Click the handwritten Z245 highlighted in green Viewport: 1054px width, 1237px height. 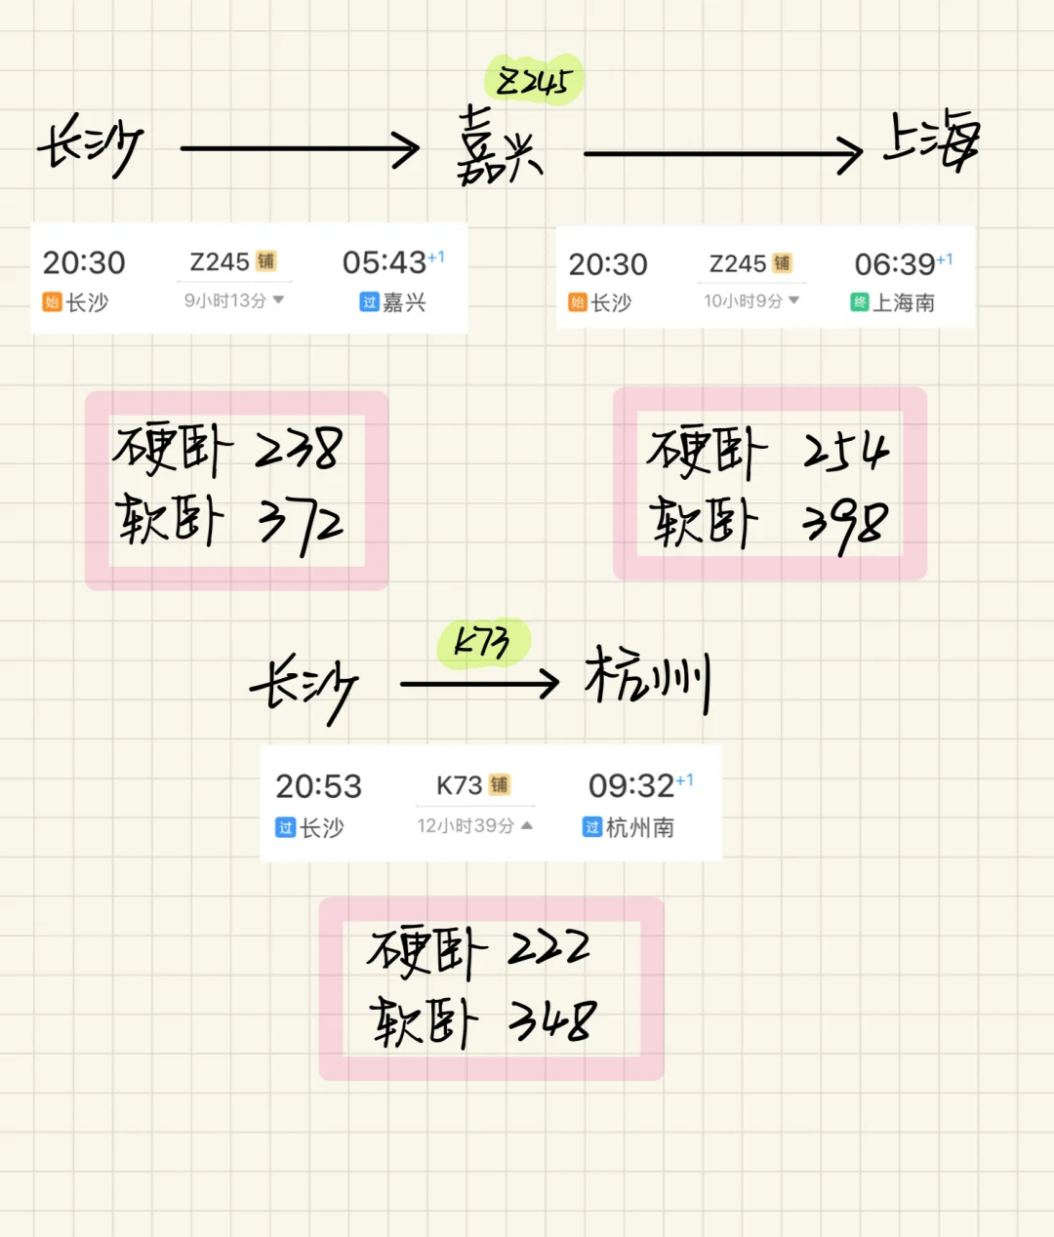pyautogui.click(x=534, y=81)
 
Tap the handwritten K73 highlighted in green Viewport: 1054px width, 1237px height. pyautogui.click(x=482, y=642)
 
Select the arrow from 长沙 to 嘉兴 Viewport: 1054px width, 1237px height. pyautogui.click(x=301, y=149)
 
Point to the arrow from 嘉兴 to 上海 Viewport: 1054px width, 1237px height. pyautogui.click(x=723, y=154)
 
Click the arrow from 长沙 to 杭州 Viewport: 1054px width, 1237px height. pyautogui.click(x=479, y=683)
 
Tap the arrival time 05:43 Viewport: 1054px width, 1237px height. pyautogui.click(x=384, y=262)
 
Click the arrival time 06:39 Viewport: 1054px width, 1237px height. pyautogui.click(x=894, y=264)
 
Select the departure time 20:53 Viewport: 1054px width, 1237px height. pyautogui.click(x=318, y=786)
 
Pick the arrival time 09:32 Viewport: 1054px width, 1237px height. pyautogui.click(x=630, y=785)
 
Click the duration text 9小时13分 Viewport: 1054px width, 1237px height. pyautogui.click(x=225, y=300)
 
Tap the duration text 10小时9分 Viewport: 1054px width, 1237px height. pyautogui.click(x=744, y=300)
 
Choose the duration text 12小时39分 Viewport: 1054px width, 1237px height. pyautogui.click(x=466, y=826)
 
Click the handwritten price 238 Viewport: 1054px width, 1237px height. pyautogui.click(x=299, y=450)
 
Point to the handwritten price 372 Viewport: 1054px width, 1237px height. pyautogui.click(x=301, y=525)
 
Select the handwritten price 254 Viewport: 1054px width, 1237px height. pyautogui.click(x=846, y=453)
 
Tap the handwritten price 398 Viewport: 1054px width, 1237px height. pyautogui.click(x=845, y=527)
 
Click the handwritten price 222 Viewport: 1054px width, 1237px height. pyautogui.click(x=549, y=948)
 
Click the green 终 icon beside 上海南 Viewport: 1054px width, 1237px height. pyautogui.click(x=859, y=302)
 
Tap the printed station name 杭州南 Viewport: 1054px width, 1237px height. pyautogui.click(x=640, y=827)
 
